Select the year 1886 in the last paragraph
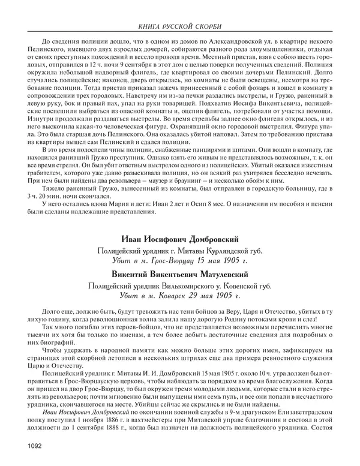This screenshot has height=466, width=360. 114,421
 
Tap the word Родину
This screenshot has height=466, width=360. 233,320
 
